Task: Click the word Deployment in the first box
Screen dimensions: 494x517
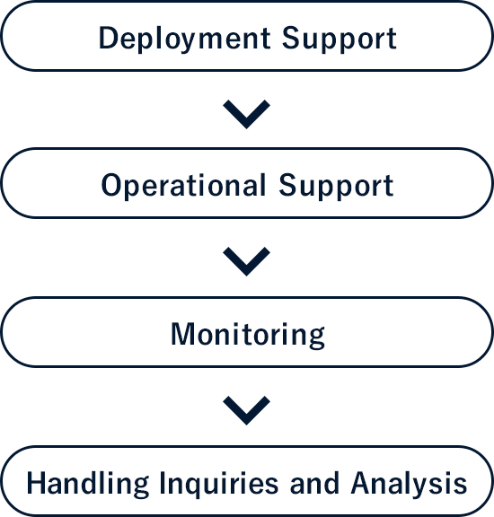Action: (184, 39)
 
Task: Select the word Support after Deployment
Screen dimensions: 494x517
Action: (340, 39)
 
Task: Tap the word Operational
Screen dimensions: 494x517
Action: (183, 186)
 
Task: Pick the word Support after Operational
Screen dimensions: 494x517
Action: (336, 187)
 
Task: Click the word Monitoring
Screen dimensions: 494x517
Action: (248, 335)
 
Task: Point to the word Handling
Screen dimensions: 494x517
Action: (88, 484)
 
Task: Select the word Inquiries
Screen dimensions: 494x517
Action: (219, 484)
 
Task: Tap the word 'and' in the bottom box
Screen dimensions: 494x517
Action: (314, 484)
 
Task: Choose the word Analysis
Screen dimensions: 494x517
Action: (409, 484)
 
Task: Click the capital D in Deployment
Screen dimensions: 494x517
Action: (109, 38)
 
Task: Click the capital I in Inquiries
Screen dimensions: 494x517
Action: (163, 483)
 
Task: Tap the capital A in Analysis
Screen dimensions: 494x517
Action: (362, 483)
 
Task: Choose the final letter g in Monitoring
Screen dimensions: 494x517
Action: (316, 338)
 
